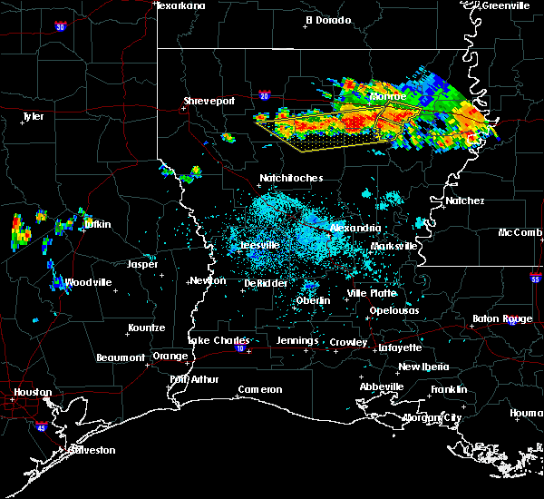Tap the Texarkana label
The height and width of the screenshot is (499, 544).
click(180, 5)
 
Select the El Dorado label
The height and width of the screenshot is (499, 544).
click(327, 19)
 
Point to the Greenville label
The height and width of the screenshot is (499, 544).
click(506, 5)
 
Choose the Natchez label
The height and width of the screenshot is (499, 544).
click(464, 201)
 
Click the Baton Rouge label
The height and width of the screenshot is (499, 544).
click(502, 318)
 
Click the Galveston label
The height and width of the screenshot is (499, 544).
click(63, 450)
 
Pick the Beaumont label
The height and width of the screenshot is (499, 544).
click(121, 357)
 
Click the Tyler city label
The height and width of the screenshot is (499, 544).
click(33, 116)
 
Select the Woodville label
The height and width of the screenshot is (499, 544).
click(88, 282)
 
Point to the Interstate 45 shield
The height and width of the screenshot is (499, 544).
click(42, 424)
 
